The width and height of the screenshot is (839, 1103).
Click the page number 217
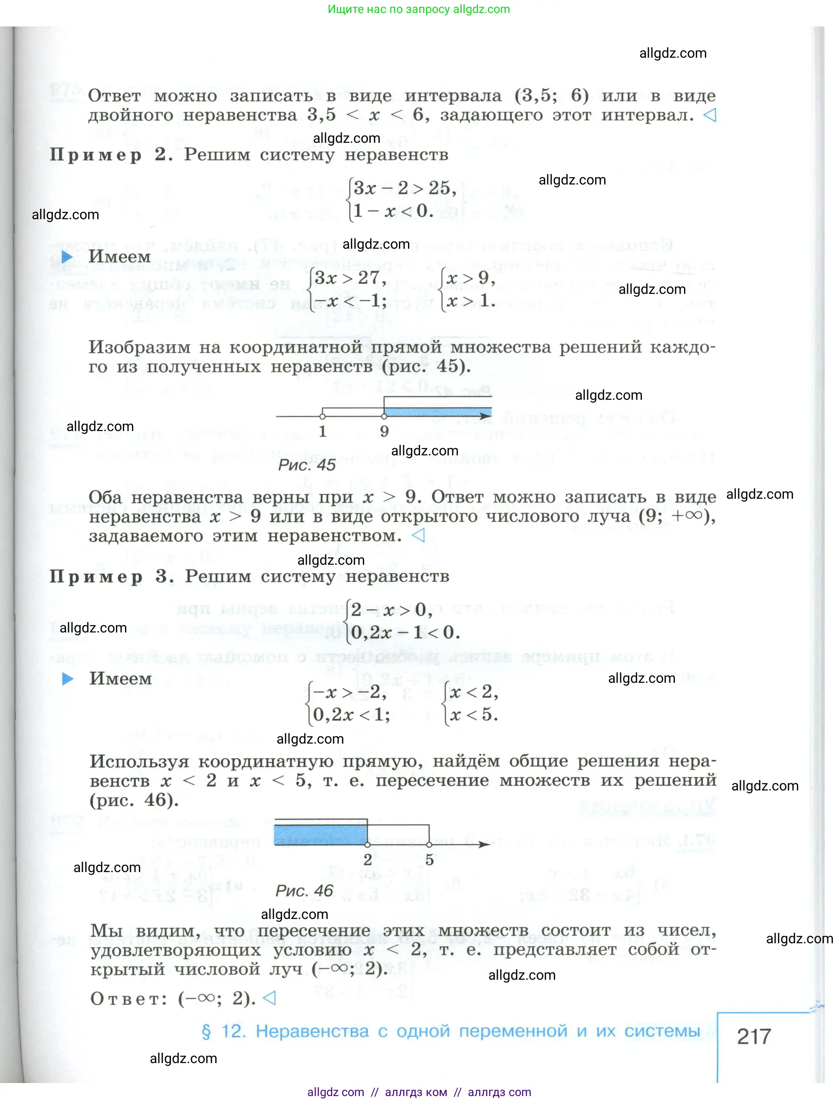753,1037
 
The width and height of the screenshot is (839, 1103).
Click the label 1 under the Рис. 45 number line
322,431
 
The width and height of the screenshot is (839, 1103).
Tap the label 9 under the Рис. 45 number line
384,431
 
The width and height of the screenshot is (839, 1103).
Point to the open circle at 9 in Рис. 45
384,415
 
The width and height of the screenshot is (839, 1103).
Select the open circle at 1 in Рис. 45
322,415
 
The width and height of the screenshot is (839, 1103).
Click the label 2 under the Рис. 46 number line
368,860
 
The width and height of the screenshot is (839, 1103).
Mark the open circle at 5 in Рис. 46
429,844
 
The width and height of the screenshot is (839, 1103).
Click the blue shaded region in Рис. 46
320,834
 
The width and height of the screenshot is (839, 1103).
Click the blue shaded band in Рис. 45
437,412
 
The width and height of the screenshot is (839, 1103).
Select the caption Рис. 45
306,465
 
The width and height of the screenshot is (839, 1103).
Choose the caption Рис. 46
304,890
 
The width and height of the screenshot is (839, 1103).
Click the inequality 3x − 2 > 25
404,188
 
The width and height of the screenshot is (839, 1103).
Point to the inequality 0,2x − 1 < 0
405,632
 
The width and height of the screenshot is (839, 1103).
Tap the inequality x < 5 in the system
474,714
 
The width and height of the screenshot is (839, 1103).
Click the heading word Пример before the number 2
96,155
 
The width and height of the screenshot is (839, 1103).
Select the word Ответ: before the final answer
129,999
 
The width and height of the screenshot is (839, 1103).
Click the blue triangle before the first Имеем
67,257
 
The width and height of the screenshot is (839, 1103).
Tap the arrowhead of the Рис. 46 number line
484,844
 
